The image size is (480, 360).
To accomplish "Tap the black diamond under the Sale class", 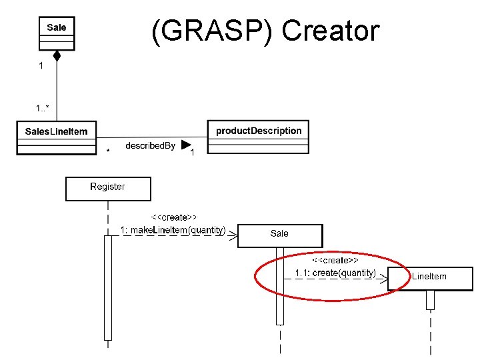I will (57, 56).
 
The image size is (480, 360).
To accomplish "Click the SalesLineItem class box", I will (56, 137).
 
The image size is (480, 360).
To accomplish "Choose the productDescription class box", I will (259, 136).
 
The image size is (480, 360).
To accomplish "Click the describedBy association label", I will (150, 145).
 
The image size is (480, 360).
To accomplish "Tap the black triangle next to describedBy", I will (185, 144).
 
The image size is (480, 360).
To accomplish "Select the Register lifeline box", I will (108, 188).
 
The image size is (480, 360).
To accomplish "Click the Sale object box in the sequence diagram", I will (280, 235).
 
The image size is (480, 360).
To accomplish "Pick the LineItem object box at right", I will (430, 278).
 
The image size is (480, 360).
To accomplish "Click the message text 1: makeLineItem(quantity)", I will (173, 230).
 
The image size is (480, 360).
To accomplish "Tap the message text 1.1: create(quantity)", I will (335, 273).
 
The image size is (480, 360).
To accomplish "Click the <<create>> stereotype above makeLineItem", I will (174, 217).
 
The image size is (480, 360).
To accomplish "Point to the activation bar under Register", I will (108, 287).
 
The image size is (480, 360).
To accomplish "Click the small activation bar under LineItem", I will (430, 300).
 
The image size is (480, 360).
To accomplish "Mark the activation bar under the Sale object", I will (280, 287).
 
